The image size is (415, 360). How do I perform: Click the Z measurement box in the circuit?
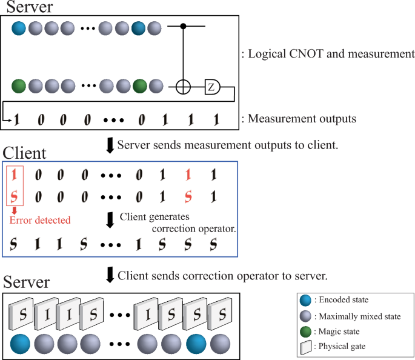pos(211,87)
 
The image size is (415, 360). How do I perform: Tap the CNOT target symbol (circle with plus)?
pos(184,87)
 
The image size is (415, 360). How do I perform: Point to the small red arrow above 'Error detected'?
pos(13,210)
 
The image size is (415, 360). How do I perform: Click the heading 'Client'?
pos(24,152)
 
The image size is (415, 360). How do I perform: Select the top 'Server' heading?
pos(29,7)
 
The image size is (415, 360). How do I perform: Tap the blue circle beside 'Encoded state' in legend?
pos(305,301)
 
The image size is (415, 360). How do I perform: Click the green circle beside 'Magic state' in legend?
pos(305,332)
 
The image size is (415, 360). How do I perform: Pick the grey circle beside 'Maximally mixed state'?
pos(305,316)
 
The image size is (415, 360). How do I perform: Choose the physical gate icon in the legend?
pos(305,347)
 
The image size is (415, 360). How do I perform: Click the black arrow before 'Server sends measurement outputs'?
pos(110,146)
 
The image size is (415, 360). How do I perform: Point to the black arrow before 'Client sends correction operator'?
pos(110,276)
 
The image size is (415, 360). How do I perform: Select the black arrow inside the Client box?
pos(110,219)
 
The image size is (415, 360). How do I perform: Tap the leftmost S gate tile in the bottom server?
pos(22,315)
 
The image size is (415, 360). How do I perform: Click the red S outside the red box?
pos(188,197)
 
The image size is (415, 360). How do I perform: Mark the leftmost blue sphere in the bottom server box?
pos(22,344)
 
